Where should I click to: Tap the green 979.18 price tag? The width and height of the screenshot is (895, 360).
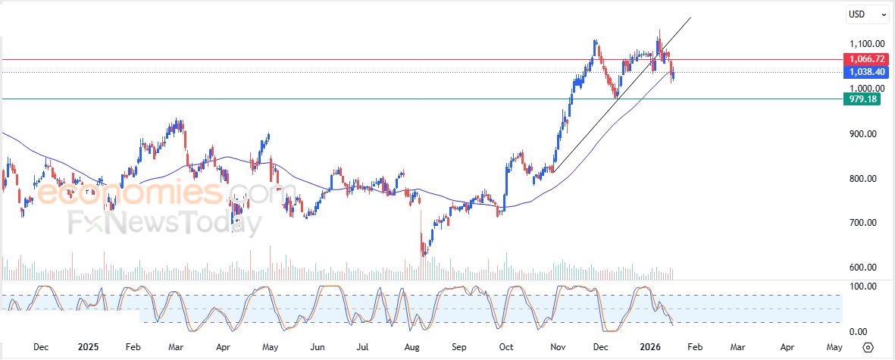click(x=862, y=99)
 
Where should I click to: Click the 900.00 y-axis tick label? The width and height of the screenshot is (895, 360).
click(x=862, y=134)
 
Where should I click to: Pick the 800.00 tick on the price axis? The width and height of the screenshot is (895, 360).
click(x=862, y=179)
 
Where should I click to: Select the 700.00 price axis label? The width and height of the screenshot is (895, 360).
click(x=862, y=223)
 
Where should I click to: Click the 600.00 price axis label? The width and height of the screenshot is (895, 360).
click(x=862, y=268)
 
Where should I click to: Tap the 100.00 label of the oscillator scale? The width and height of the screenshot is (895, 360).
click(x=862, y=286)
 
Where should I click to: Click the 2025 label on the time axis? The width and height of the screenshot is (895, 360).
click(x=89, y=347)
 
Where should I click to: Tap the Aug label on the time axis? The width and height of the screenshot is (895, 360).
click(x=412, y=347)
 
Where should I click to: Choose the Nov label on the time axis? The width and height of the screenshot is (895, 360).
click(x=559, y=347)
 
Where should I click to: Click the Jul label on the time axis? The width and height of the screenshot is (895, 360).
click(x=365, y=347)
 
